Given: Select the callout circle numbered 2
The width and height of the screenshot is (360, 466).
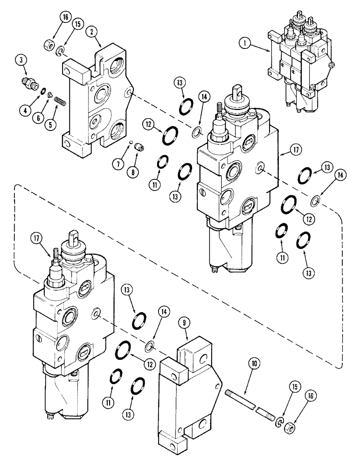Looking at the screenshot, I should coord(94,31).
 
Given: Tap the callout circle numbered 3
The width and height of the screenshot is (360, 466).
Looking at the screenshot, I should coord(20,60).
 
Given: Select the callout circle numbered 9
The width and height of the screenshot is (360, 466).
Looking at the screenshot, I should coord(185,322).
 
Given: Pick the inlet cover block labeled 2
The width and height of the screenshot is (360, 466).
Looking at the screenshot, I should coord(100,103).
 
